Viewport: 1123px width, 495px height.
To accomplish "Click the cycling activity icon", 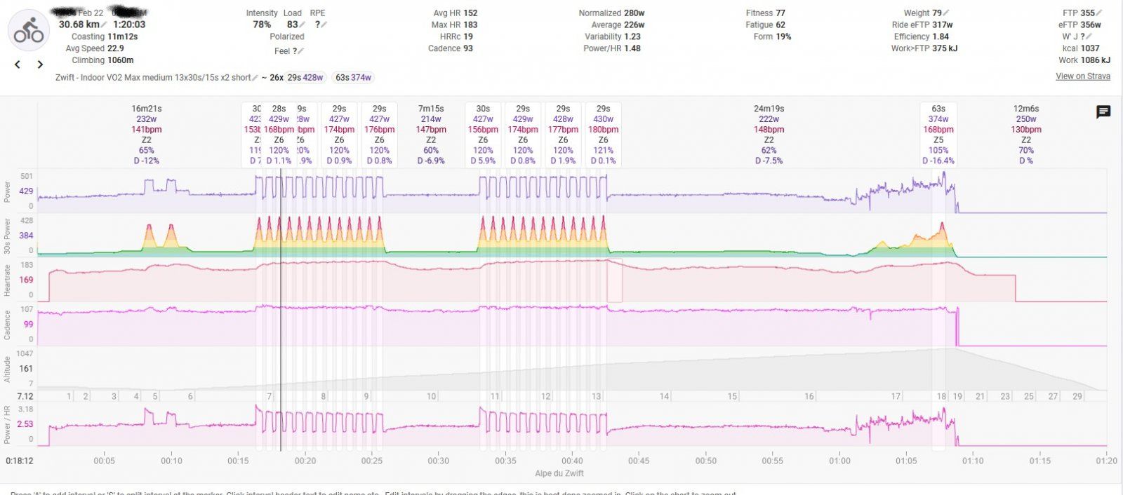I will [29, 32].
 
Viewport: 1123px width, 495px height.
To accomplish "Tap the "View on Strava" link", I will [1082, 76].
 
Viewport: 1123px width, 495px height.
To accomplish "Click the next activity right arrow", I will [41, 65].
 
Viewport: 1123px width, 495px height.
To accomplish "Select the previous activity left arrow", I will [18, 65].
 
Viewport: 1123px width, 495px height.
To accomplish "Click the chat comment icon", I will [1103, 112].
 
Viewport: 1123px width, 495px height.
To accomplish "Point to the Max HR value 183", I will [470, 25].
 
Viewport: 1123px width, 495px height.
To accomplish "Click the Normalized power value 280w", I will [634, 13].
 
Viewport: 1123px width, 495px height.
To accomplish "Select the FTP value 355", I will [1088, 13].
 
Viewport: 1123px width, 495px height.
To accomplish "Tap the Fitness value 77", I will [780, 13].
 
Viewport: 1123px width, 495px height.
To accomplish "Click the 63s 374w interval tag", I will [352, 77].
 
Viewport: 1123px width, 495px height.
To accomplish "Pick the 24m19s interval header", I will [769, 109].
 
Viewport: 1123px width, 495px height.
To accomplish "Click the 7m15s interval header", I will [431, 109].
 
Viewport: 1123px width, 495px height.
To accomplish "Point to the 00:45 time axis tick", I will [639, 461].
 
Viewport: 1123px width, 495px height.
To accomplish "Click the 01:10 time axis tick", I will [973, 461].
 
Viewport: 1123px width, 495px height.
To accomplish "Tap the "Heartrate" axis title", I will [8, 280].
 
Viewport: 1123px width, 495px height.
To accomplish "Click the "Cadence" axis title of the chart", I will [8, 325].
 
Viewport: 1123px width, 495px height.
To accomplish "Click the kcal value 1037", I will [1090, 48].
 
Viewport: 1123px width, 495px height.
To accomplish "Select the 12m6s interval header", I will [1025, 109].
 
